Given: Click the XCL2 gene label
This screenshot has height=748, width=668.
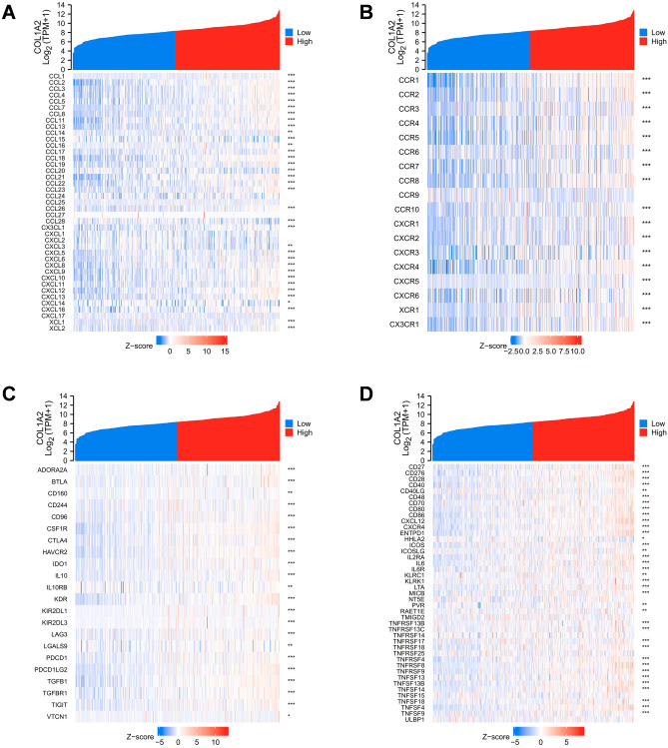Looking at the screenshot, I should (57, 329).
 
